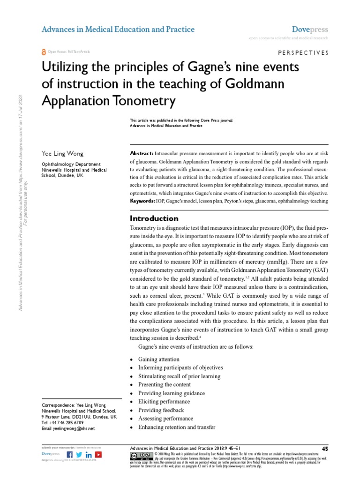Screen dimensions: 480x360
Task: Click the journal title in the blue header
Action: [x=118, y=30]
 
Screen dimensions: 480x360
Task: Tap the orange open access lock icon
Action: [x=44, y=52]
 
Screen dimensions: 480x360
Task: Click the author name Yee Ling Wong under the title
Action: [x=61, y=154]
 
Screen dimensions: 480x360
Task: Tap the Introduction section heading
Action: [x=154, y=218]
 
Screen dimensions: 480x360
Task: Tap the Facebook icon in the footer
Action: [x=70, y=455]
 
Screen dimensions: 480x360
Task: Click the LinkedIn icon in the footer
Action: [x=89, y=455]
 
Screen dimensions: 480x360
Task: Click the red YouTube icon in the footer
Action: [x=98, y=455]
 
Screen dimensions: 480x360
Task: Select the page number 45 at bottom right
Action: [x=325, y=449]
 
